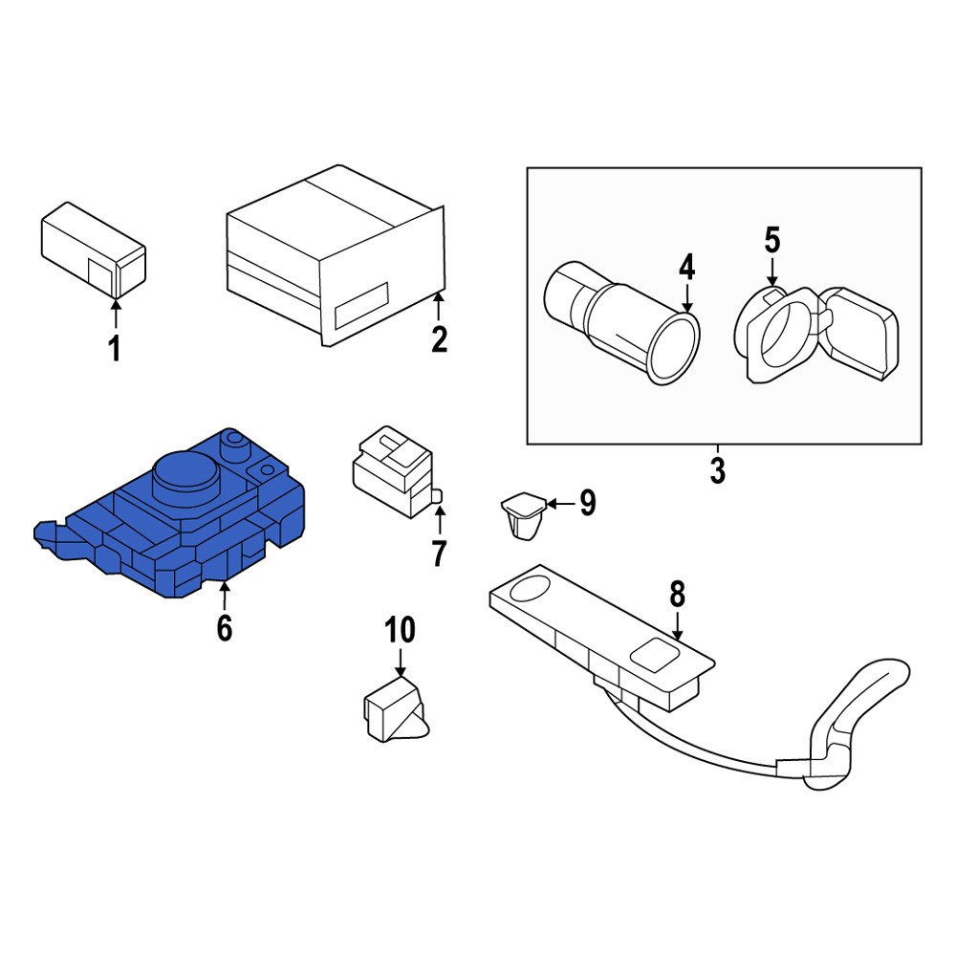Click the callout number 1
tap(114, 349)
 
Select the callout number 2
tap(439, 339)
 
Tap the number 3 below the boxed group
tap(718, 470)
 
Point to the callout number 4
tap(687, 268)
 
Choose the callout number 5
tap(771, 240)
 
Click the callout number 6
tap(225, 628)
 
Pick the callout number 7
tap(439, 553)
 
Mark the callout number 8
tap(678, 595)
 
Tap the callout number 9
tap(587, 503)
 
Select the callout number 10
tap(400, 630)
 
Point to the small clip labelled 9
tap(523, 516)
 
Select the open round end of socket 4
tap(672, 349)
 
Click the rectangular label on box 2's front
tap(361, 306)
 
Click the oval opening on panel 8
tap(530, 587)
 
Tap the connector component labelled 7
tap(397, 472)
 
